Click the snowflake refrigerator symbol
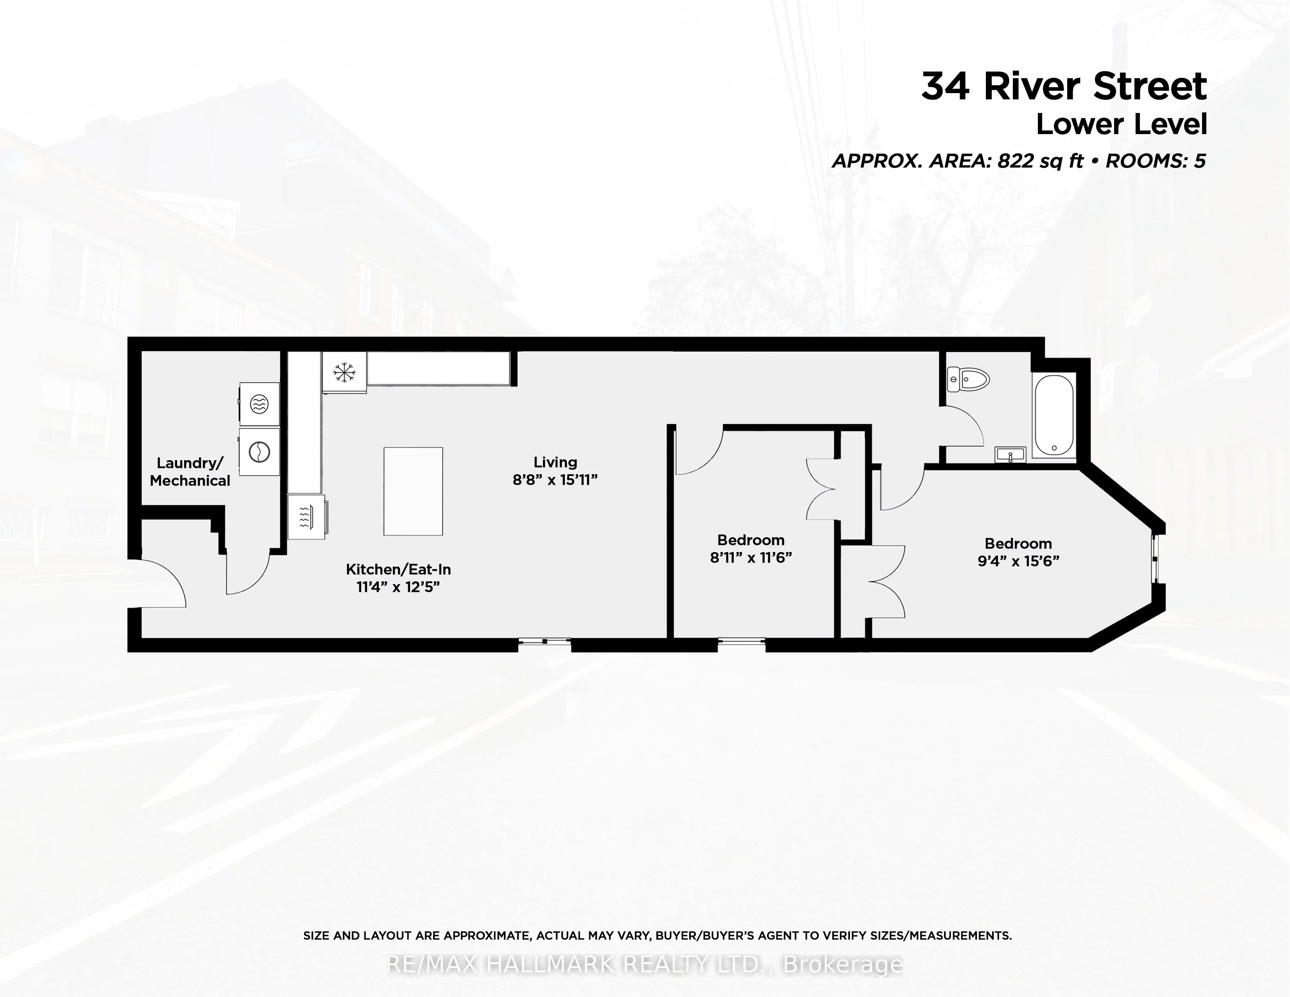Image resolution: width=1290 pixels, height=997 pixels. click(344, 372)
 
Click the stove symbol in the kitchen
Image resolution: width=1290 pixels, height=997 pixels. click(306, 517)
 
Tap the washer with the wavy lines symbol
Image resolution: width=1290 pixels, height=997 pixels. click(259, 404)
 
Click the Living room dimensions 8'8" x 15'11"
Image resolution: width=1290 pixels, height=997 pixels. click(555, 480)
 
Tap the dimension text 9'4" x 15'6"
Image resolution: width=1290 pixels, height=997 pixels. click(1018, 561)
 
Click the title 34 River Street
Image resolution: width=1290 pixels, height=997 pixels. click(1064, 86)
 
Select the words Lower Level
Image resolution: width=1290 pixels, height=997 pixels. click(1121, 125)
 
